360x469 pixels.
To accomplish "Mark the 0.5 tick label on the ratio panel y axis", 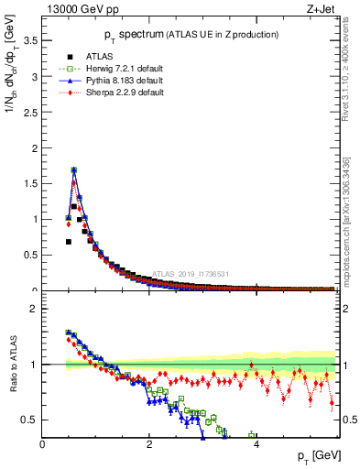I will [30, 420].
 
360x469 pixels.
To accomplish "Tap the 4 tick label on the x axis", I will [256, 444].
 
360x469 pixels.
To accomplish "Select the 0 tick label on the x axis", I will [42, 444].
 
